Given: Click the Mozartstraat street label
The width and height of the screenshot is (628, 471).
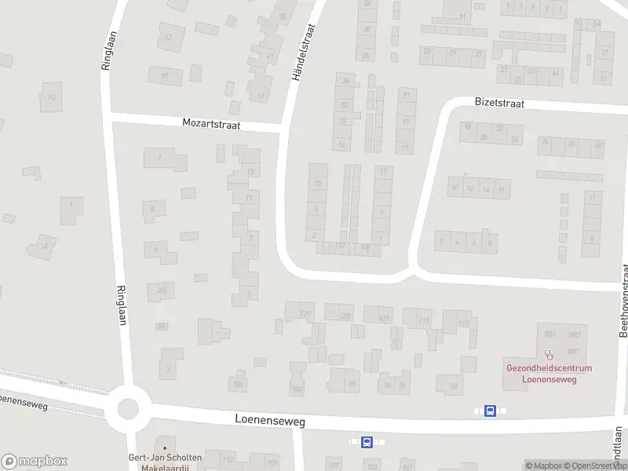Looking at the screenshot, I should coord(211,123).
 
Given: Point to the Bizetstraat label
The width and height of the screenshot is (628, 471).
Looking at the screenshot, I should coord(499,103).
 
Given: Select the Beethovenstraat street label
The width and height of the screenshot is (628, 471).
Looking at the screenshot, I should coord(624,300).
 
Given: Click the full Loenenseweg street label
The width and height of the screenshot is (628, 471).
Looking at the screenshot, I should coord(269,421).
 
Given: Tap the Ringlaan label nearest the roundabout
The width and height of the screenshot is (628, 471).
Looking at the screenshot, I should coord(123,304).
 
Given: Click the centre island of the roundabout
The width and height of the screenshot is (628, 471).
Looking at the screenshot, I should coord(128,409).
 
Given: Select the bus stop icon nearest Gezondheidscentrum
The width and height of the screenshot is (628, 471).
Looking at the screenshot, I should coord(490,411).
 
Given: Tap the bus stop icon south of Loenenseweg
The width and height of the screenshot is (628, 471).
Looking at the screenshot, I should coord(367,442).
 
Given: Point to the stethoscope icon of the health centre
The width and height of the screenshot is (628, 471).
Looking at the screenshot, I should coord(548,355).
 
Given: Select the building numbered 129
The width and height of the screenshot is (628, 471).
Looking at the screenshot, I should coord(305,315).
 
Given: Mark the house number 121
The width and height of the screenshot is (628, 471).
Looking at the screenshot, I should coord(384,318).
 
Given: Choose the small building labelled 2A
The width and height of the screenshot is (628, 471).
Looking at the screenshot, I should coord(161,326).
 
